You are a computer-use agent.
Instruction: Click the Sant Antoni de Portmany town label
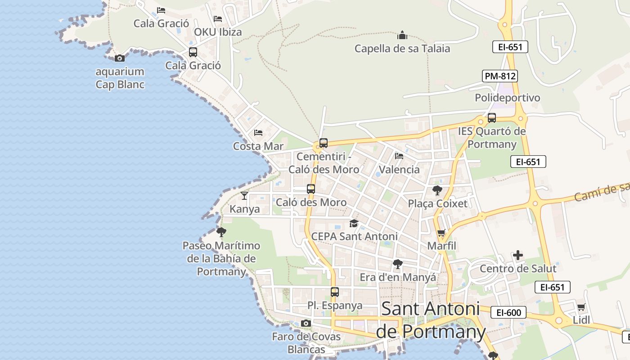[431, 320]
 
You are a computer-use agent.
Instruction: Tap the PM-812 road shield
[500, 76]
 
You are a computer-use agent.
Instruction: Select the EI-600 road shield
[508, 312]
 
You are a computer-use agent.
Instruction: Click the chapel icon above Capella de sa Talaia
[402, 35]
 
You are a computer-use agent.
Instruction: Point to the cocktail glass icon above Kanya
[244, 196]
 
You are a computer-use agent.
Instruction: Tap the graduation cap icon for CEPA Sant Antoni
[354, 223]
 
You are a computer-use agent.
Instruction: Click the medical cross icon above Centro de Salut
[518, 256]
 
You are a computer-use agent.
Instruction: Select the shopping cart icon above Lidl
[581, 307]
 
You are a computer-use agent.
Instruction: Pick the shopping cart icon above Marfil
[441, 233]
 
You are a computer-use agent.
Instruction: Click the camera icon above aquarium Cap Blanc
[120, 58]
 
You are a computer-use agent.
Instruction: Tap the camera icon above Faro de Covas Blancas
[306, 323]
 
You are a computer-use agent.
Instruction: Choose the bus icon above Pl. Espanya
[335, 292]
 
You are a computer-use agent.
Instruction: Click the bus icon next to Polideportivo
[492, 118]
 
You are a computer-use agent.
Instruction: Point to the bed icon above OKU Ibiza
[218, 19]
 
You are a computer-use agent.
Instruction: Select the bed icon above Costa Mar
[258, 133]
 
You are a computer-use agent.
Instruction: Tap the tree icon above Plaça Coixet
[437, 190]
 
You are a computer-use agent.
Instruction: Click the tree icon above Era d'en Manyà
[397, 264]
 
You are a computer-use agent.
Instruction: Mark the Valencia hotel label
[399, 170]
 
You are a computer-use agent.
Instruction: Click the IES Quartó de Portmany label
[492, 138]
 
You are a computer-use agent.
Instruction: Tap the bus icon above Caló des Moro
[311, 189]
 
